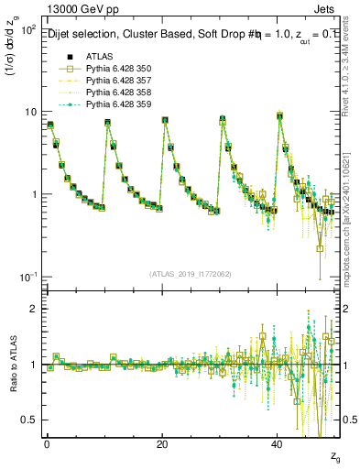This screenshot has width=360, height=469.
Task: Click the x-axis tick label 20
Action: pyautogui.click(x=162, y=443)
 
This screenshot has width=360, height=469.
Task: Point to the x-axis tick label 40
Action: pyautogui.click(x=277, y=443)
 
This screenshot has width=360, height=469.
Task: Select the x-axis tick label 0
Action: pyautogui.click(x=47, y=443)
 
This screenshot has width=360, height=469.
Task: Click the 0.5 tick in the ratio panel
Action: pyautogui.click(x=29, y=420)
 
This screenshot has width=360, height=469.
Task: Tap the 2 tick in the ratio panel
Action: pyautogui.click(x=33, y=309)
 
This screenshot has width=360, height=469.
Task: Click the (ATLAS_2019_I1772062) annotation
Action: pyautogui.click(x=191, y=274)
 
